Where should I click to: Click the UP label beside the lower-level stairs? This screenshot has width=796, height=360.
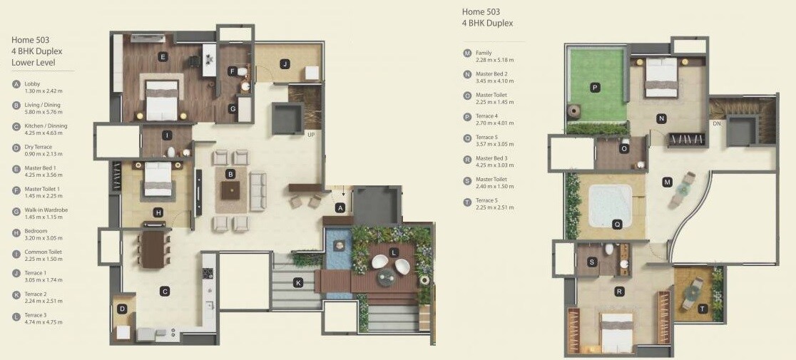pyautogui.click(x=311, y=134)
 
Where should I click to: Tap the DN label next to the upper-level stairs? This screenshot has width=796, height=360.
pyautogui.click(x=715, y=123)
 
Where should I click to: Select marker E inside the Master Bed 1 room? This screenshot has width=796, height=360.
pyautogui.click(x=163, y=56)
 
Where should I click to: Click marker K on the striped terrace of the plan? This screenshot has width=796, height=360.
pyautogui.click(x=298, y=283)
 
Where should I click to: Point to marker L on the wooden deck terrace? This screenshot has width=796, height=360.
pyautogui.click(x=394, y=253)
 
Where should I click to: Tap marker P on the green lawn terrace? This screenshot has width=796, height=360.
pyautogui.click(x=595, y=88)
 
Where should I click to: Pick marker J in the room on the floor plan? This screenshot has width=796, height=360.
pyautogui.click(x=284, y=64)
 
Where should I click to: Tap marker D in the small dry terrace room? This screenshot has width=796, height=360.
pyautogui.click(x=123, y=309)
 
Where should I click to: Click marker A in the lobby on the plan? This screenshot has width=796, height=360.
pyautogui.click(x=340, y=208)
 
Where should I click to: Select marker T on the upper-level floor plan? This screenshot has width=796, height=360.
pyautogui.click(x=703, y=309)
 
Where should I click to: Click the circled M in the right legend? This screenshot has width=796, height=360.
pyautogui.click(x=467, y=53)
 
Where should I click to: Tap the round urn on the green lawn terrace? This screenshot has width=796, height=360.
pyautogui.click(x=572, y=112)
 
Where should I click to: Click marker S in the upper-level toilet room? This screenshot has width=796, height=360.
pyautogui.click(x=592, y=262)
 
